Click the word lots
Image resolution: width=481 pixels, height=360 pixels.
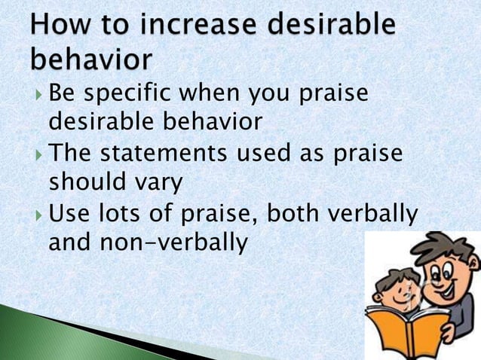click(x=120, y=215)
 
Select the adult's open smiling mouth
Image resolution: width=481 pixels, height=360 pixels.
click(x=444, y=287)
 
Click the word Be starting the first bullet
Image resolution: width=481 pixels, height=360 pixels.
click(x=63, y=96)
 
